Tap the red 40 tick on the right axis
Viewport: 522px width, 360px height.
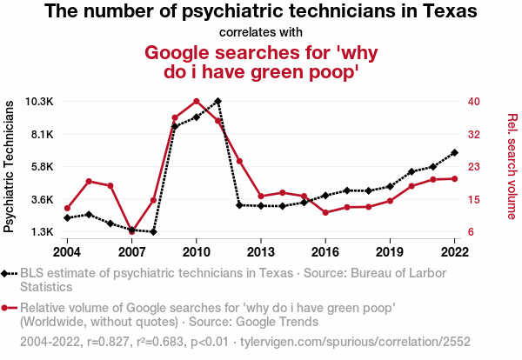(x=474, y=101)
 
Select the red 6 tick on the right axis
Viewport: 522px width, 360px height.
(x=471, y=232)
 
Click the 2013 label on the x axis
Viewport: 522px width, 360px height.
(x=261, y=251)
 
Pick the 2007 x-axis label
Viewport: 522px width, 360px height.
(x=132, y=251)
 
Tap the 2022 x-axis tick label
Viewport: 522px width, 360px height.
(x=454, y=251)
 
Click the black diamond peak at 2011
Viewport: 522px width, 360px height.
(x=217, y=101)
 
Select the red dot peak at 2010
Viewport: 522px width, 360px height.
(x=197, y=101)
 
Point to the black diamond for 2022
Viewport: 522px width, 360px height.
(x=454, y=153)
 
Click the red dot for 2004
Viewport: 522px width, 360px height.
(x=68, y=209)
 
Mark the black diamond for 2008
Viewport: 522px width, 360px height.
(x=153, y=232)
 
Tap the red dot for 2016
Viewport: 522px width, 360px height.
(x=325, y=212)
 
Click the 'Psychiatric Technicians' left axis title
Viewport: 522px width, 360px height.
(x=10, y=166)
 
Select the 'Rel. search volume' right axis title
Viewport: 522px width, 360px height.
(x=512, y=166)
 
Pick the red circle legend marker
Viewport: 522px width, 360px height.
(x=9, y=308)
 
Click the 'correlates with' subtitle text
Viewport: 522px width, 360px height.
(x=260, y=33)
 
